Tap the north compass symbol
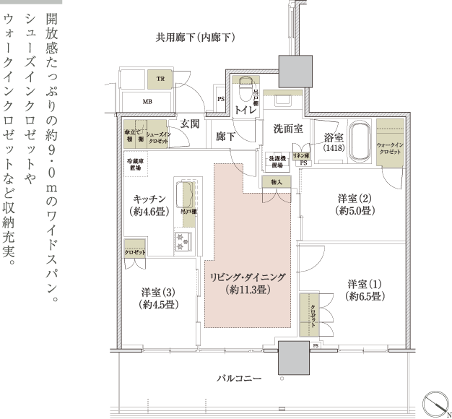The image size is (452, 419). coord(433,402)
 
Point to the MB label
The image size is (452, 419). coord(147,102)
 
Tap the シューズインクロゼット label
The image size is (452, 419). coord(157,137)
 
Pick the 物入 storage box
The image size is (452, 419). coord(277,183)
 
